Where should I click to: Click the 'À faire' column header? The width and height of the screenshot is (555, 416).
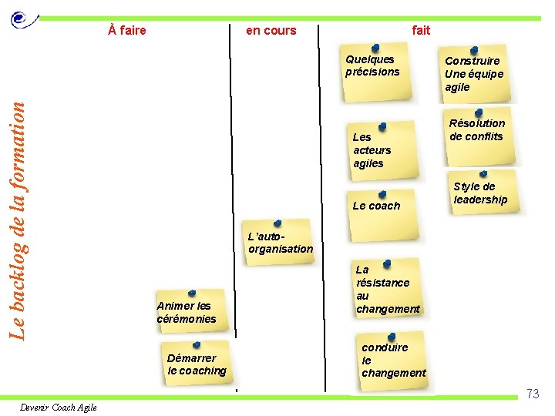127,31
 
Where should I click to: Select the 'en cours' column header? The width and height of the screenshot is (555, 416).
271,31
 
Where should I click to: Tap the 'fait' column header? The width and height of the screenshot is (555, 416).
421,31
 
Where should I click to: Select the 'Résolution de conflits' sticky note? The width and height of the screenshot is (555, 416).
478,133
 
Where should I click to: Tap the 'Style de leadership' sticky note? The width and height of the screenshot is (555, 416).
482,194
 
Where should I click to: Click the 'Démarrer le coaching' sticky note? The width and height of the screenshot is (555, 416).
197,364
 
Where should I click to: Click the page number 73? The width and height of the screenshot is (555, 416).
533,394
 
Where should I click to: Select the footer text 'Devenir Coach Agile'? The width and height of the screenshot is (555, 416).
59,408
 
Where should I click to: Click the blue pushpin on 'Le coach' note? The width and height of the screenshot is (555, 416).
382,194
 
